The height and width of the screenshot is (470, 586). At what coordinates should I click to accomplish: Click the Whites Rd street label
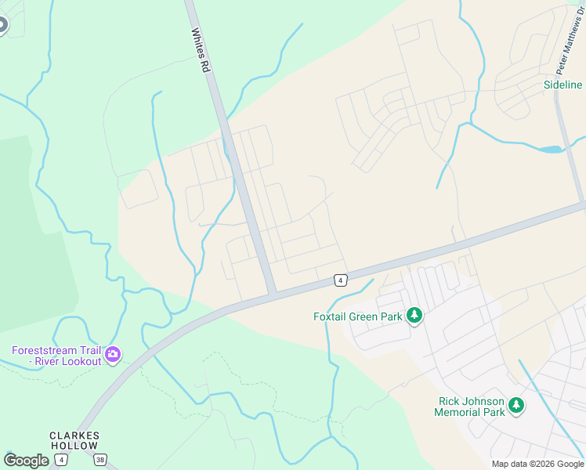click(201, 52)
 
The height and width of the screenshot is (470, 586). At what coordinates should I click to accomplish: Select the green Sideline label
click(562, 85)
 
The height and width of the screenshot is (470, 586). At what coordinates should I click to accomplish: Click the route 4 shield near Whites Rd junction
click(340, 280)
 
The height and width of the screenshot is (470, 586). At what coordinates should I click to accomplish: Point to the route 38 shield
click(99, 460)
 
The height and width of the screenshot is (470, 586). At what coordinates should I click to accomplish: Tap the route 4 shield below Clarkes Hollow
click(61, 460)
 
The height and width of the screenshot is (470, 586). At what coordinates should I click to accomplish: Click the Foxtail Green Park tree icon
click(414, 316)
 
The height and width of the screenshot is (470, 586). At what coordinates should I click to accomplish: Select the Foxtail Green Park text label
click(357, 316)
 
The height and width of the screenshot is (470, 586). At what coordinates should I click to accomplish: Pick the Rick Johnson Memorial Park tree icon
click(515, 406)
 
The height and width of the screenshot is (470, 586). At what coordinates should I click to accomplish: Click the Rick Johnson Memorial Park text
click(470, 407)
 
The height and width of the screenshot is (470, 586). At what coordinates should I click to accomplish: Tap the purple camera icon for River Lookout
click(113, 356)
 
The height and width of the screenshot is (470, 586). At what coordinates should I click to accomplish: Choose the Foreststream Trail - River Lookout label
click(56, 356)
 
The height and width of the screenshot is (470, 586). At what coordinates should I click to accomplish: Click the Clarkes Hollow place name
click(74, 440)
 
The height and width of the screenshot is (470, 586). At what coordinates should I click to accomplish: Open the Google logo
click(26, 461)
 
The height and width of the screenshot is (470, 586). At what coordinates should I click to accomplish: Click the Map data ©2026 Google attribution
click(537, 464)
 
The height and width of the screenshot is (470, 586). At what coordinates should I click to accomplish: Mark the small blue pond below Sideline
click(552, 149)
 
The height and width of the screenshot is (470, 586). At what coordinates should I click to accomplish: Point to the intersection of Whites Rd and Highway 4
click(271, 295)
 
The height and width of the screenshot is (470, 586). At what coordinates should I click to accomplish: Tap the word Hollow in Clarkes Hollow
click(74, 446)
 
